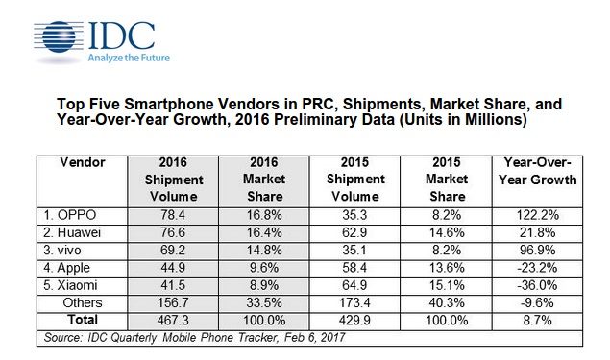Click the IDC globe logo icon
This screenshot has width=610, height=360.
tap(59, 37)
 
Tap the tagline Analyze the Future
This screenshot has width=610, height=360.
tap(129, 58)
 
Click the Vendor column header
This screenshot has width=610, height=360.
tap(83, 162)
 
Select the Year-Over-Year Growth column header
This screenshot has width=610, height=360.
tap(538, 171)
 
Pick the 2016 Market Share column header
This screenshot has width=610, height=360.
tap(264, 179)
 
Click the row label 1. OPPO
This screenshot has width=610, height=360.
tap(69, 215)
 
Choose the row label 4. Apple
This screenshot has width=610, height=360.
tap(66, 268)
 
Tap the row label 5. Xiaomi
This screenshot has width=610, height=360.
tap(70, 285)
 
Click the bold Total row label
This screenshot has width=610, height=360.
tap(83, 319)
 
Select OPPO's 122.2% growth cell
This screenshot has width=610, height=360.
tap(538, 215)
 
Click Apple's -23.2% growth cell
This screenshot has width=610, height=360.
tap(538, 268)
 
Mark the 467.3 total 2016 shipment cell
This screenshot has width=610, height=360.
tap(173, 320)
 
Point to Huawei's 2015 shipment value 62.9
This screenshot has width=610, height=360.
tap(354, 232)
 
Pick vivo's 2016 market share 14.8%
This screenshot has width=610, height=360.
tap(264, 250)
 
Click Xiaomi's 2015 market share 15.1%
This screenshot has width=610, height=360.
tap(447, 285)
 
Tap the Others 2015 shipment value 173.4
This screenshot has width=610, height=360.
tap(354, 302)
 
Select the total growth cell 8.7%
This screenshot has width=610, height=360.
tap(538, 320)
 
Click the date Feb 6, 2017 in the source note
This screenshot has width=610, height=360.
tap(314, 337)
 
